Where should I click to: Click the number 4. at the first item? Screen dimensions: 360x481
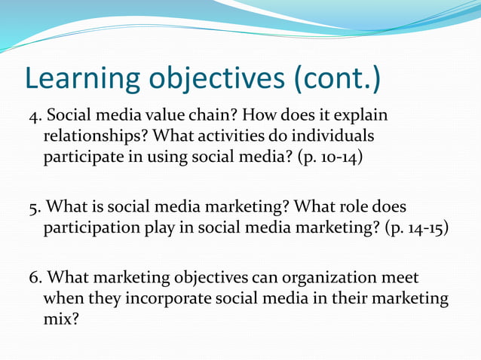coord(35,117)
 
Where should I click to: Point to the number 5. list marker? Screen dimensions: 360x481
coord(35,207)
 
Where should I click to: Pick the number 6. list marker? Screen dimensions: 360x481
coord(35,278)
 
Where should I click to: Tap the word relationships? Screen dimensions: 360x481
coord(93,139)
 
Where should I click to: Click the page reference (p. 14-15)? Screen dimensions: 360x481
coord(416,228)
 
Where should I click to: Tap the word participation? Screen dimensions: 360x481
coord(87,228)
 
